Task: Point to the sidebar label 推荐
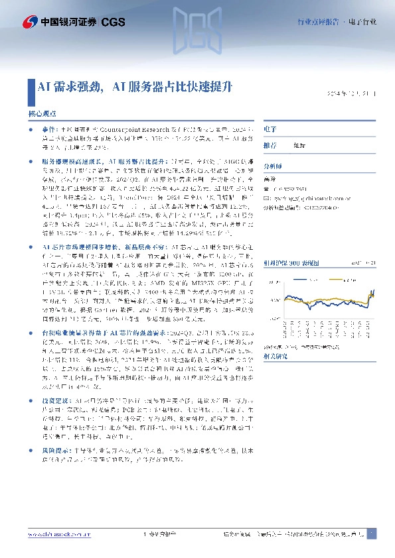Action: click(x=270, y=144)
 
